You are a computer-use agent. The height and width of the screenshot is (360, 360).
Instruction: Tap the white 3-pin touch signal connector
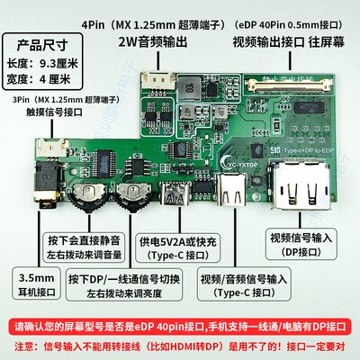(x=55, y=148)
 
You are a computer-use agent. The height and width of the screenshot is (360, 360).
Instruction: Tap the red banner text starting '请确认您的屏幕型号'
(x=180, y=326)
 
